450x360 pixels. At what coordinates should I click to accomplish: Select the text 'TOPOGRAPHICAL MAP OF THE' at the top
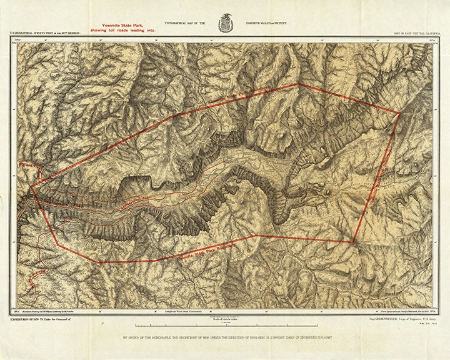[x=185, y=22]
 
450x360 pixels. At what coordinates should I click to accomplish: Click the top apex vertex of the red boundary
[x=297, y=83]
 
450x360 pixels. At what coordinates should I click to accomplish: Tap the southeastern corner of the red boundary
[x=354, y=242]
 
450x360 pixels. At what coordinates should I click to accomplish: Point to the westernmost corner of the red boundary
[x=31, y=186]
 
